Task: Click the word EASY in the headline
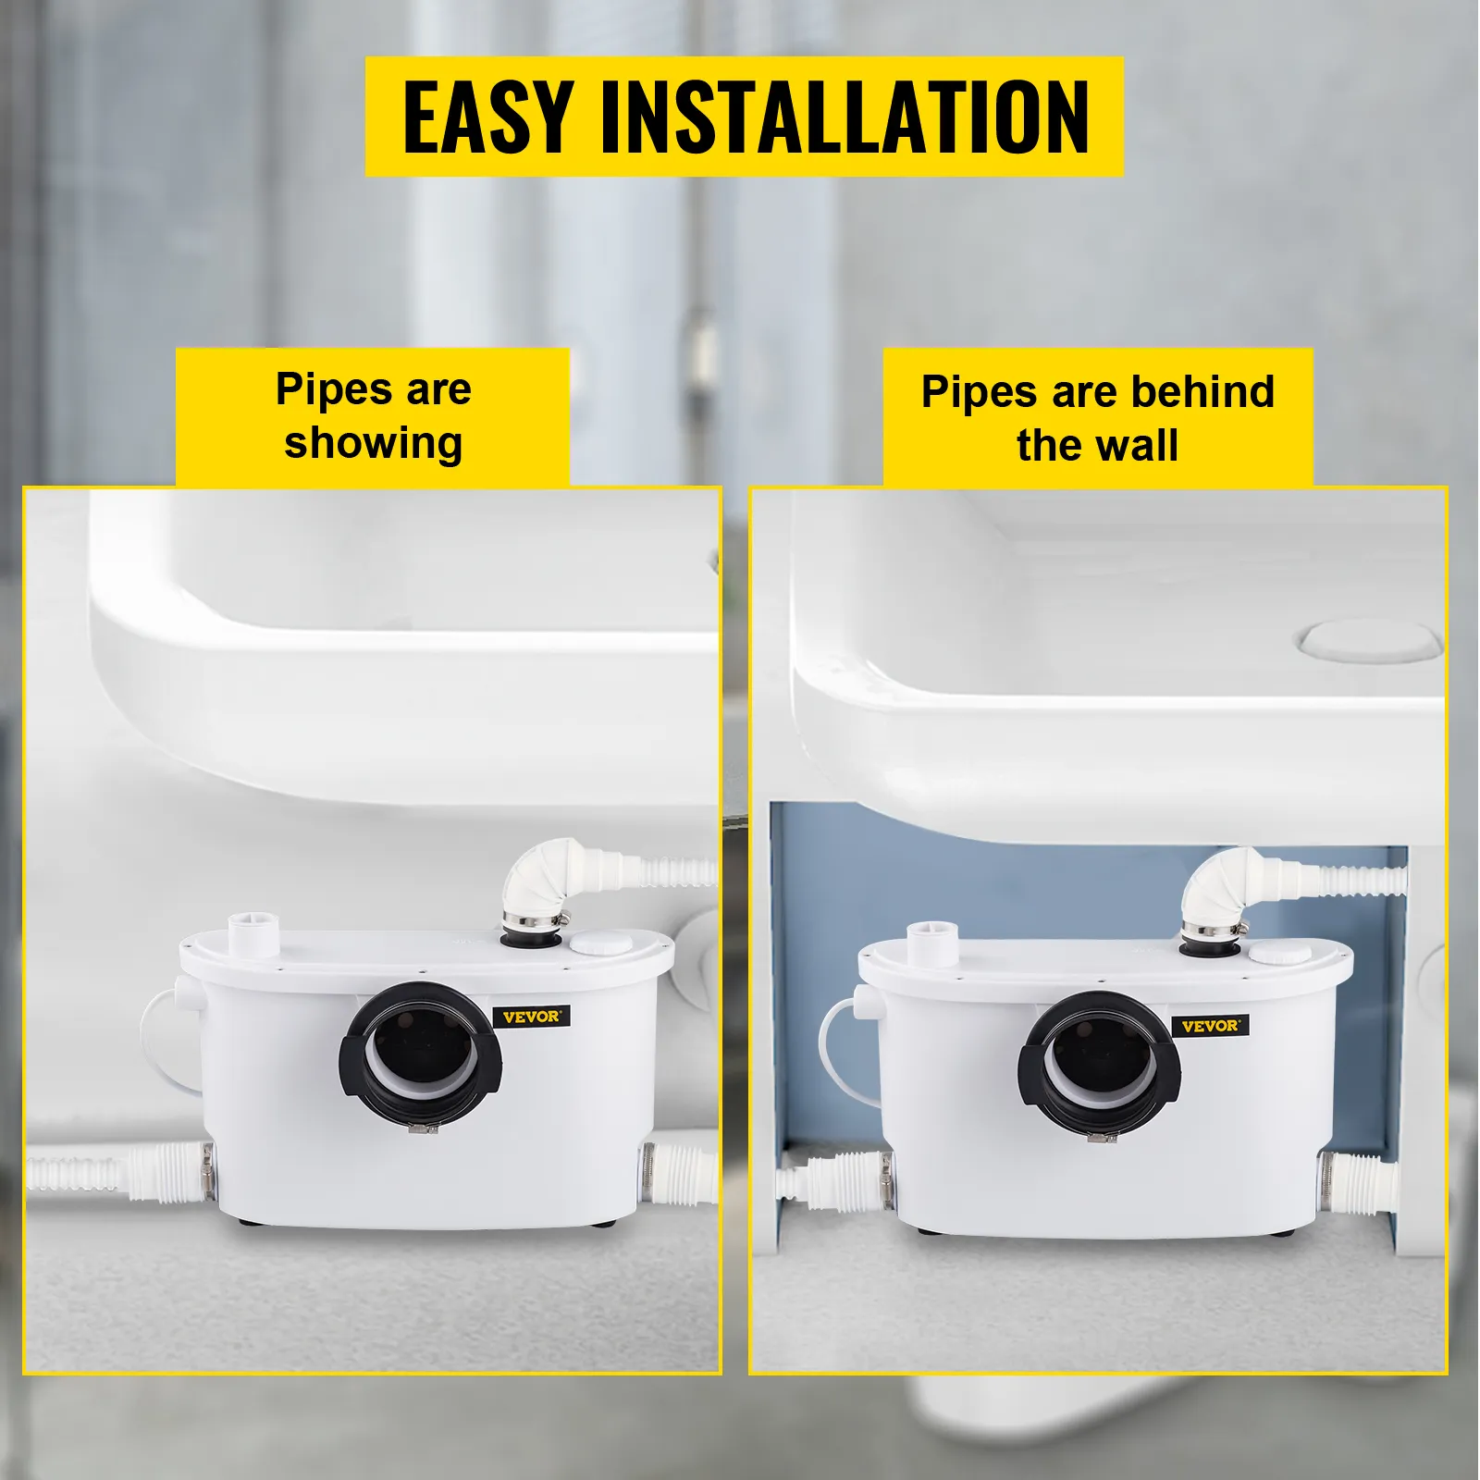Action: (487, 117)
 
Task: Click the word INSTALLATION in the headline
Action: (845, 117)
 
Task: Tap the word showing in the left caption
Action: (373, 443)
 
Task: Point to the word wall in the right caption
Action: (1136, 445)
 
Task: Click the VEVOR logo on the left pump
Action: (532, 1017)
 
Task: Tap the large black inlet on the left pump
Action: (421, 1053)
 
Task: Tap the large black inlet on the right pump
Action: (1099, 1062)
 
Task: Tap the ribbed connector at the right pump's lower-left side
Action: (832, 1181)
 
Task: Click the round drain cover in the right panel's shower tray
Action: (1369, 640)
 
